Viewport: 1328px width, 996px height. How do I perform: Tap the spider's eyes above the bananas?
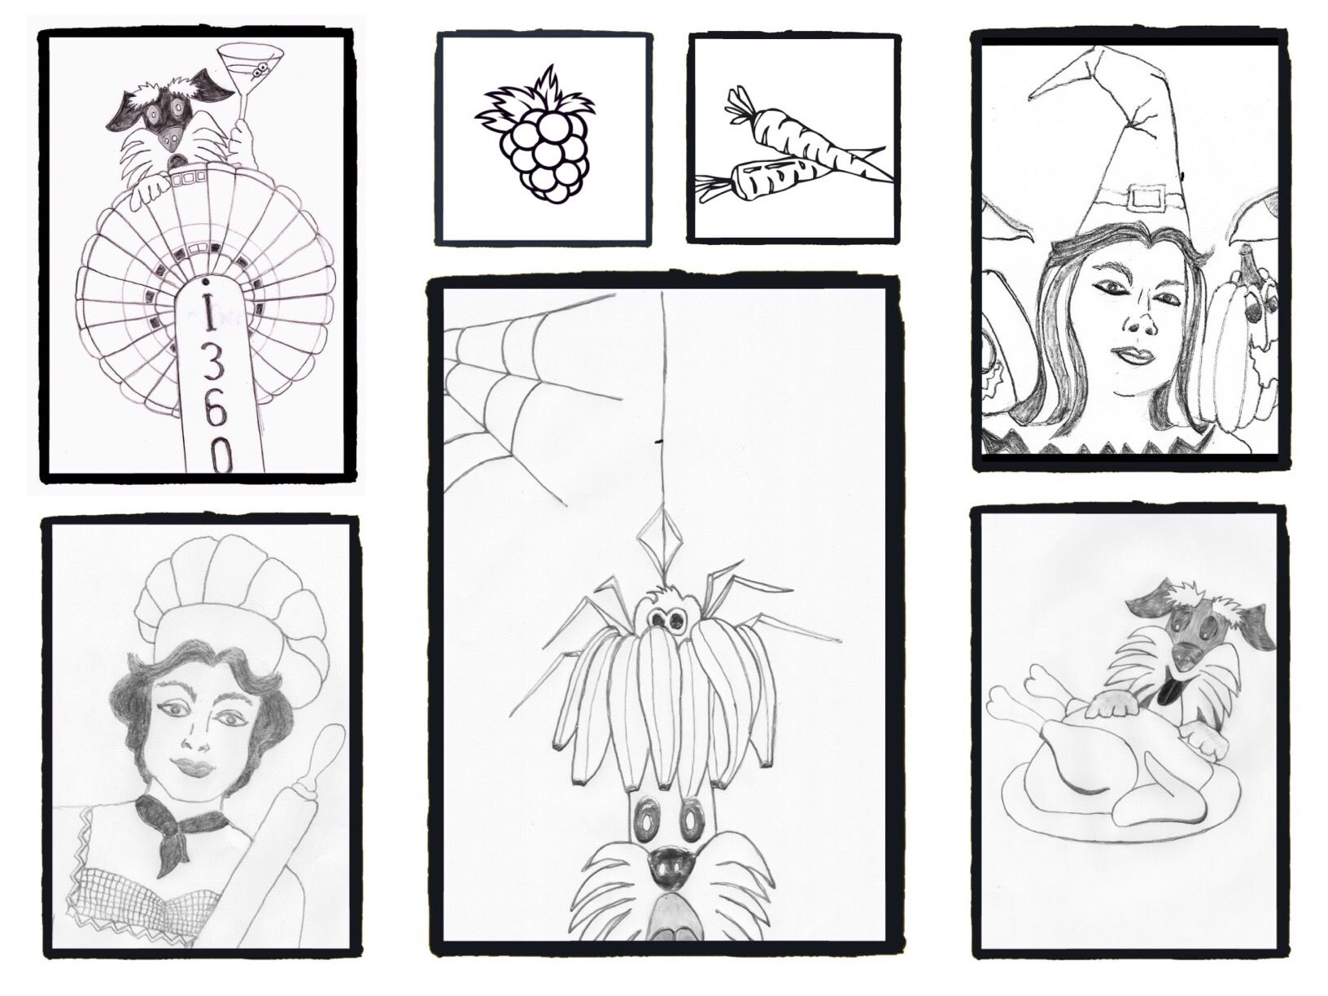click(x=664, y=618)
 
